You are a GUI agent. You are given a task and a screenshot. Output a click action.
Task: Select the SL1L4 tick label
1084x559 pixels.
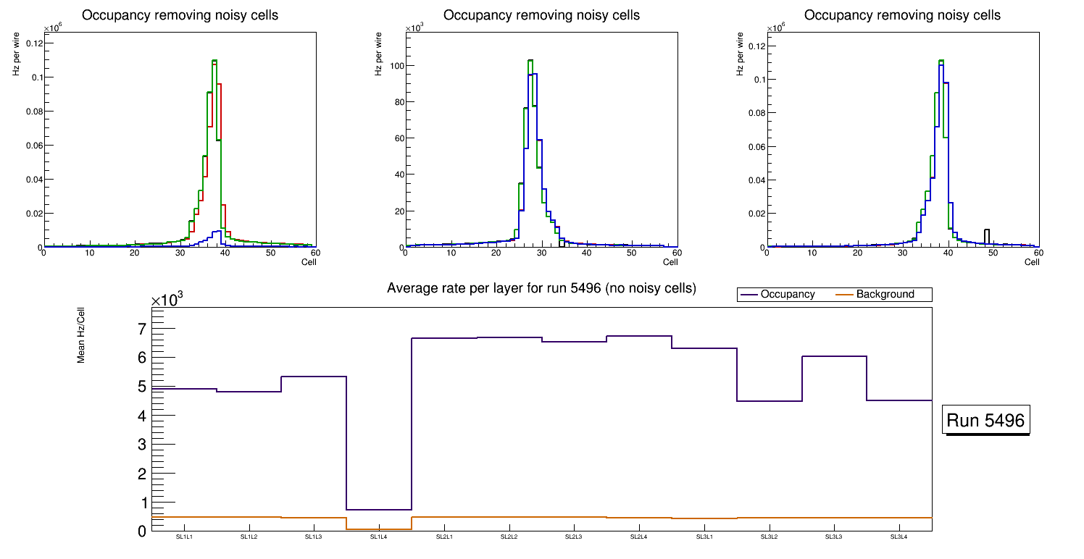coord(379,537)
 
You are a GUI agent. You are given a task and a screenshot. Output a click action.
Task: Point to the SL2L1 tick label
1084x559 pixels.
coord(444,537)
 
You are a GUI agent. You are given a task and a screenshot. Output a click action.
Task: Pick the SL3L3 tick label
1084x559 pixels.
coord(833,537)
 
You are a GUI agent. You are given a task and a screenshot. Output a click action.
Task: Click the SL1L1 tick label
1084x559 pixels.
coord(184,537)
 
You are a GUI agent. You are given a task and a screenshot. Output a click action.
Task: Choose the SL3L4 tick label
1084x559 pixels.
coord(899,537)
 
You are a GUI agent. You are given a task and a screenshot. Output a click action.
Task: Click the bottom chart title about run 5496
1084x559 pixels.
coord(541,288)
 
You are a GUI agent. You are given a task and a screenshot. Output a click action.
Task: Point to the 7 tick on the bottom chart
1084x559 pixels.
coord(142,329)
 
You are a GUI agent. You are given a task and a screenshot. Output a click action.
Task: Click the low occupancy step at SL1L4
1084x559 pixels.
coord(379,510)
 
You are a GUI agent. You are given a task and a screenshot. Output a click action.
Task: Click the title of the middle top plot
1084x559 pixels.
coord(541,15)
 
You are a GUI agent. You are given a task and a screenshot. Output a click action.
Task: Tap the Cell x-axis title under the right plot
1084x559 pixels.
coord(1032,262)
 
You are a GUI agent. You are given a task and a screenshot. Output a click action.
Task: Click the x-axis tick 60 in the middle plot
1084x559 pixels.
coord(675,253)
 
